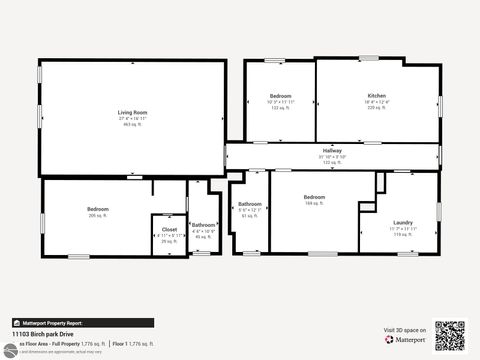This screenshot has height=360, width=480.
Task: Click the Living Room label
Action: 133,113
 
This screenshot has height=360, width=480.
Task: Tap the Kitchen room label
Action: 377,96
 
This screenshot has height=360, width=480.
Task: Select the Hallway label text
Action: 331,150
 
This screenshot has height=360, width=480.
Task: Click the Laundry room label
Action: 404,222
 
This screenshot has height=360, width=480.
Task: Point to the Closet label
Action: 169,229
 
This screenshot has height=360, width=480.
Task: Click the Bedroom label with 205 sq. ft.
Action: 97,209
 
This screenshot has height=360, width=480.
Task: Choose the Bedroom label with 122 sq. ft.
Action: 280,96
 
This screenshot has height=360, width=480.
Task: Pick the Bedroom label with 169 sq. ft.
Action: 314,197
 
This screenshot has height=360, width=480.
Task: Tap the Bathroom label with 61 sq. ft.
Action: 250,204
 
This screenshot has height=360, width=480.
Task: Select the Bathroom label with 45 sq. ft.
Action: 204,225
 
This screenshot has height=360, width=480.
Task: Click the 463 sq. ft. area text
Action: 133,125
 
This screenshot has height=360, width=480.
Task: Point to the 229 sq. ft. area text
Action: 377,107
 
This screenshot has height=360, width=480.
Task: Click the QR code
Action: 451,336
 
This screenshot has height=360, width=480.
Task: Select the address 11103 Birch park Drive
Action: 49,334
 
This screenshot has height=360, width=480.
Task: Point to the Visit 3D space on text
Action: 405,329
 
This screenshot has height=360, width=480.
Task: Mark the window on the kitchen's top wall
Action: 369,58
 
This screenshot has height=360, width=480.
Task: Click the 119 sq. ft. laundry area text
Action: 404,233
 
